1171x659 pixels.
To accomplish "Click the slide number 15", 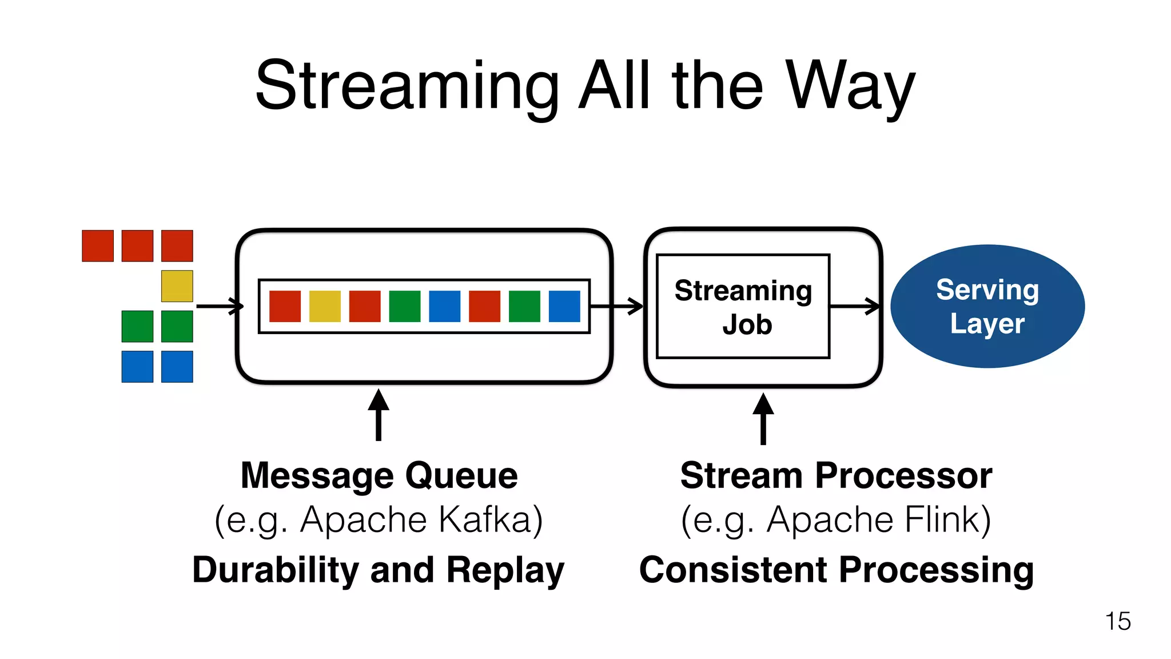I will [1117, 622].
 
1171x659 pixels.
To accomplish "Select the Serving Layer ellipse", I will [987, 307].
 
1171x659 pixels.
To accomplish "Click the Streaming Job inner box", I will [743, 307].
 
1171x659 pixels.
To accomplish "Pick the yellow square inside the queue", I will [325, 307].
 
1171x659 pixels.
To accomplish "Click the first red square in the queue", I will [285, 307].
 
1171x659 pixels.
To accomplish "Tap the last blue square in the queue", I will [564, 307].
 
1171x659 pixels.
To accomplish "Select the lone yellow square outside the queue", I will [177, 286].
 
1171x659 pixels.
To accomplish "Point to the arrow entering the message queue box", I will [220, 307].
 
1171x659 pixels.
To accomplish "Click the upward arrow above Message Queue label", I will [379, 415].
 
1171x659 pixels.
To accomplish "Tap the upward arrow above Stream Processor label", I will [763, 418].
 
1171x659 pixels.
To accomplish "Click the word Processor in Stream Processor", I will [903, 475].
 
